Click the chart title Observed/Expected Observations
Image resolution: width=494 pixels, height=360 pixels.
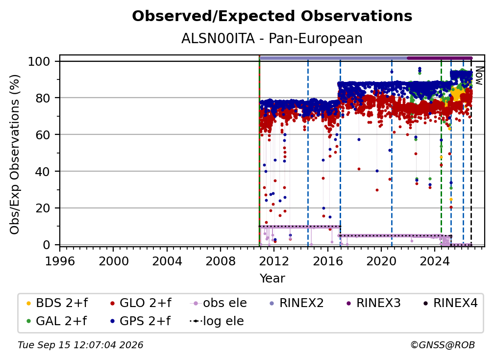272,16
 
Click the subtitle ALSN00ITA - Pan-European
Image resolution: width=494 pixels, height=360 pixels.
272,38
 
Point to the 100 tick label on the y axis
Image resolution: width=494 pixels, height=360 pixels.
39,61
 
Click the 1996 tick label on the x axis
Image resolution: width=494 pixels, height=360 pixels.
60,261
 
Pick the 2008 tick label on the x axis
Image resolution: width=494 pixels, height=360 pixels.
221,261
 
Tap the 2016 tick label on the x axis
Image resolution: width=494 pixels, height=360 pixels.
328,261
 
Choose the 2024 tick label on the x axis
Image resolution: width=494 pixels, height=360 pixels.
435,261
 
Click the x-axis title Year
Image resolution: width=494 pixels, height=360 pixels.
272,279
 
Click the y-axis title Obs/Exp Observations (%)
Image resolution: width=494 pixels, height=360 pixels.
15,154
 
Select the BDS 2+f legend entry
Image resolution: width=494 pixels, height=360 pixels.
57,303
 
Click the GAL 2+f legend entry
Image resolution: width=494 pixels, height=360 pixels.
56,321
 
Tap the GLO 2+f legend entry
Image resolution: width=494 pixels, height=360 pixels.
141,303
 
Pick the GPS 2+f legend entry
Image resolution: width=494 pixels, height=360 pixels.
140,321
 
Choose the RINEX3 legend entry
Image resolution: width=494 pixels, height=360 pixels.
373,303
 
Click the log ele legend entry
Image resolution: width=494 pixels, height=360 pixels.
217,321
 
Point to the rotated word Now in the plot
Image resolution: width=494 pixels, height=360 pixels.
478,76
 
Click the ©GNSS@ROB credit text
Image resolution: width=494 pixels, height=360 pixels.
443,345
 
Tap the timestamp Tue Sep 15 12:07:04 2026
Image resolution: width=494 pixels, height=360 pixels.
80,345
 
